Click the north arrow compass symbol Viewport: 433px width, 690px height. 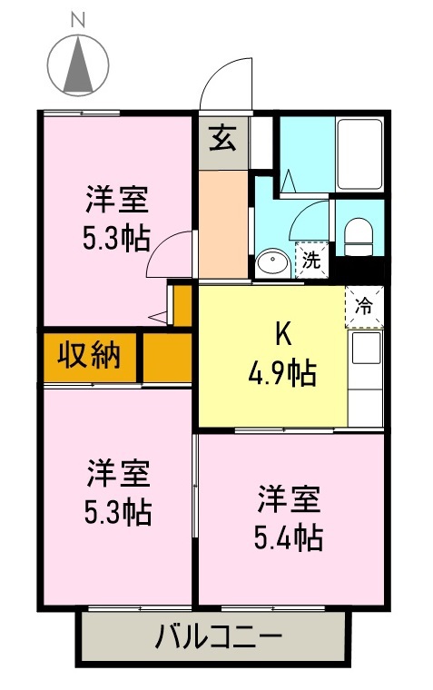[x=77, y=64]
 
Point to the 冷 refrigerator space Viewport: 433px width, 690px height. [x=364, y=305]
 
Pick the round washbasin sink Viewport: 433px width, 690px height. [x=271, y=263]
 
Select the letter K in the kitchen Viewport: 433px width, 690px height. [x=282, y=335]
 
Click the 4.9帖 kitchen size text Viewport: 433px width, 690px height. [x=284, y=372]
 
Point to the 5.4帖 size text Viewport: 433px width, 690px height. [x=288, y=538]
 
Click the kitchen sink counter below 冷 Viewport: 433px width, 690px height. [x=365, y=362]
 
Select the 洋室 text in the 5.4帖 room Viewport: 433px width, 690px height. [x=288, y=500]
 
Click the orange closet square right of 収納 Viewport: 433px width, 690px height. [x=167, y=356]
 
